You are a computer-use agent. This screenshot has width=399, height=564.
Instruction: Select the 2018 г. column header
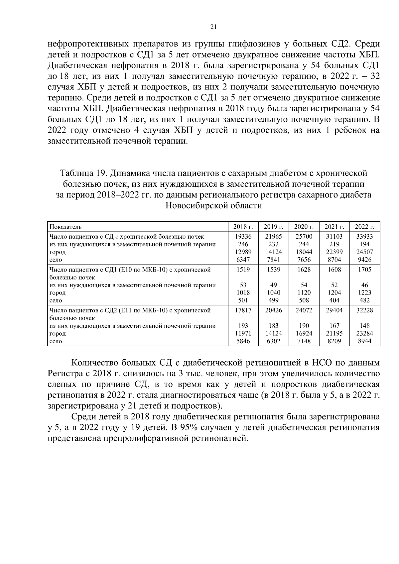243,227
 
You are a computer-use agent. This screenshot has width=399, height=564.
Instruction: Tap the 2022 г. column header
364,227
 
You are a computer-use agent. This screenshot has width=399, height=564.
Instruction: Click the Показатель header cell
66,227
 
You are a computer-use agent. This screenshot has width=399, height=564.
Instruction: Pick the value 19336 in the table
243,237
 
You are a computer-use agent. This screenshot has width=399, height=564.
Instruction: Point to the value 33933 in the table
364,237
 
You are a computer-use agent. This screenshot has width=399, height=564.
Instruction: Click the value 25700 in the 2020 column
304,237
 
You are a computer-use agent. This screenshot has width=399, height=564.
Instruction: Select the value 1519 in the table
243,270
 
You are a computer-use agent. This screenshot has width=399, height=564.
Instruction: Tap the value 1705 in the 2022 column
364,270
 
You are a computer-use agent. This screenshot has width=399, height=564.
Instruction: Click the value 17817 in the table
243,310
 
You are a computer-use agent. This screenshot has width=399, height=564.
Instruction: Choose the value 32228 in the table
364,310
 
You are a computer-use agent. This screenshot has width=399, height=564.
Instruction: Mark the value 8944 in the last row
364,341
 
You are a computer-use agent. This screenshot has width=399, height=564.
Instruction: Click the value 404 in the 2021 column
334,300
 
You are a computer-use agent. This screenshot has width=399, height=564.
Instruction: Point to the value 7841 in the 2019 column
273,260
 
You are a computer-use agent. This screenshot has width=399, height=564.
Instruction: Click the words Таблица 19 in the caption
83,173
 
